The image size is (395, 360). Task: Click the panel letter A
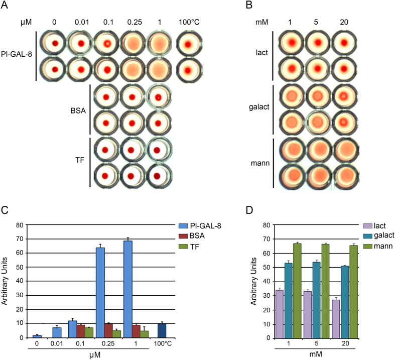coord(5,5)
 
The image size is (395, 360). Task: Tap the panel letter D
coord(249,210)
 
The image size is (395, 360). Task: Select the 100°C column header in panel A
coord(189,22)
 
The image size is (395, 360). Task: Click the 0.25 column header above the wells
coord(135,22)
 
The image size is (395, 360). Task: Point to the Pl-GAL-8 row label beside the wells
coord(17,54)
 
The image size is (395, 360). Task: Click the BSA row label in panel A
coord(78,110)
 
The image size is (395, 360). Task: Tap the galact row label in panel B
coord(259,107)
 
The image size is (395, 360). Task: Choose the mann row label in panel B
coord(260,163)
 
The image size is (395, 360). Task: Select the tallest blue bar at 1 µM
coord(127,289)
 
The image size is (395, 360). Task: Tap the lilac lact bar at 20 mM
coord(336,319)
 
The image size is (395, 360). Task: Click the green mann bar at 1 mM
coord(297,291)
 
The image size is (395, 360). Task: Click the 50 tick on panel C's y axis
coord(20,267)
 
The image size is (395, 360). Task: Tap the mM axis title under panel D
coord(315,354)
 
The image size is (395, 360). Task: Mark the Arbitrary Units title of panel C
coord(5,281)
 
